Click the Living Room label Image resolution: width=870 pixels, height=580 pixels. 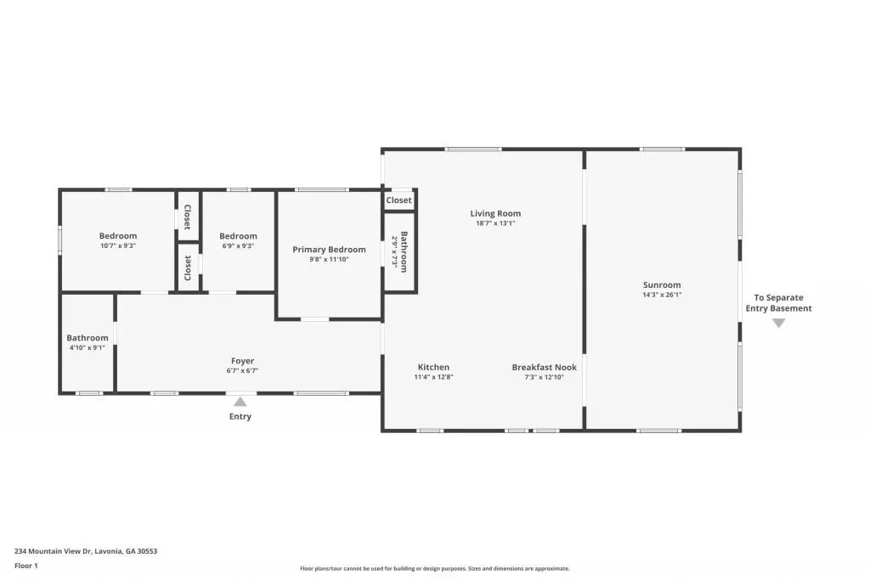pos(495,213)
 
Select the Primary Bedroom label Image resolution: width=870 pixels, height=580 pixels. pos(329,250)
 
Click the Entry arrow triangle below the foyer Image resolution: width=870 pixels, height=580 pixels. pos(240,403)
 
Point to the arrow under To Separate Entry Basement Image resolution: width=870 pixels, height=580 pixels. pos(778,323)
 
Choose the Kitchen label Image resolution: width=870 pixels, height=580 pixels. pos(433,367)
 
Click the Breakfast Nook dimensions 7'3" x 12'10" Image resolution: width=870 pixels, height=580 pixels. pos(544,377)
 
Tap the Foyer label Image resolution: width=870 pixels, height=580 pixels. pos(242,361)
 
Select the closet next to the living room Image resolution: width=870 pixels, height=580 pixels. pos(398,200)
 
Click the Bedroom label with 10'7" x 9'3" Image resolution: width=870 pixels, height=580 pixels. pos(118,236)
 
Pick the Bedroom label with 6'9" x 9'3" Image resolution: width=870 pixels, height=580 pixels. pos(238,236)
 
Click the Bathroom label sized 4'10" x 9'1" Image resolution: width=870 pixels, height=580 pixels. pos(88,337)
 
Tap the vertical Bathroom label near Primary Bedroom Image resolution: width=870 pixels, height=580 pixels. pos(404,251)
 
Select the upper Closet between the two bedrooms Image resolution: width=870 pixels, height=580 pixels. pos(188,217)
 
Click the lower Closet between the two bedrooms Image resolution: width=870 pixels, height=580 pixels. pos(188,268)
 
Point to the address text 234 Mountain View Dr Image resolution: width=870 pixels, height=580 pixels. pos(86,551)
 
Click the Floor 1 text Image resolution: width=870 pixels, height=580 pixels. pos(26,566)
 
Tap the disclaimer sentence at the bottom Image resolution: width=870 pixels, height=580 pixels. pos(434,569)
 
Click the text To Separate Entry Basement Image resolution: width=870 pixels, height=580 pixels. pos(778,303)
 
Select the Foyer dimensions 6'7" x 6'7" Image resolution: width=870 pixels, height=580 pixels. pos(242,371)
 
